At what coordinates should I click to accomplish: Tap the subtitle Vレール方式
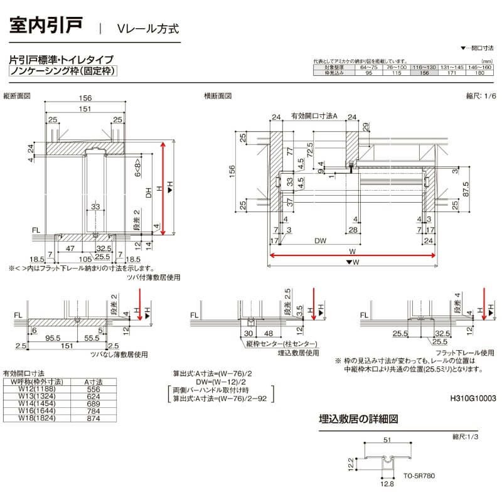click(x=147, y=28)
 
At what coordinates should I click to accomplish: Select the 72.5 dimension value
click(x=309, y=150)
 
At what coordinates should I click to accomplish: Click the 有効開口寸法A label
click(x=314, y=116)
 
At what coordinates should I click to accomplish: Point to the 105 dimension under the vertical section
click(x=86, y=258)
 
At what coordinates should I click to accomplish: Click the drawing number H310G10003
click(x=473, y=398)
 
